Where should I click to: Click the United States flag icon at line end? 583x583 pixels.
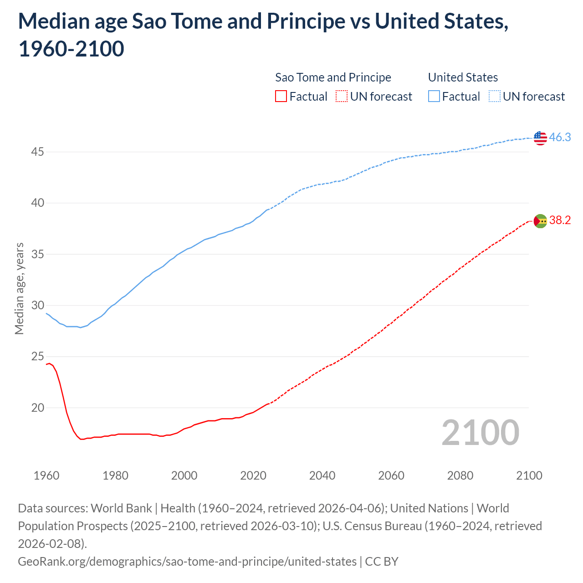[x=540, y=138]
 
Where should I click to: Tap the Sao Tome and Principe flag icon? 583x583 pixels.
[x=540, y=221]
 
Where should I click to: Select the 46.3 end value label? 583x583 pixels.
[x=560, y=137]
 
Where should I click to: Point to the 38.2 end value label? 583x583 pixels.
[x=560, y=220]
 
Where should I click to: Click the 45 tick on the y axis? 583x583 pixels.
[x=37, y=152]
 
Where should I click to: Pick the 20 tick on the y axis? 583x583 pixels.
[x=37, y=408]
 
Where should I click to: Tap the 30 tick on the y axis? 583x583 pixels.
[x=37, y=305]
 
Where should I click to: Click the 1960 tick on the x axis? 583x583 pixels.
[x=46, y=476]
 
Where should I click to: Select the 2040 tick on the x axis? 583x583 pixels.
[x=322, y=476]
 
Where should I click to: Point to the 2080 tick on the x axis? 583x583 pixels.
[x=460, y=476]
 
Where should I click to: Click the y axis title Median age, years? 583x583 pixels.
[x=19, y=289]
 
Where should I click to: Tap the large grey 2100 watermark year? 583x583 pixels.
[x=480, y=433]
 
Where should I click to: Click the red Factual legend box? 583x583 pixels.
[x=281, y=97]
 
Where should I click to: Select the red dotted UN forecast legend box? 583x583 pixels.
[x=342, y=97]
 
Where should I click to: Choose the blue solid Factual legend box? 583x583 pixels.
[x=434, y=97]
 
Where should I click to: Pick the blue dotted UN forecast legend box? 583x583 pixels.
[x=494, y=97]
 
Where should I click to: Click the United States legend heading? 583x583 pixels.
[x=463, y=77]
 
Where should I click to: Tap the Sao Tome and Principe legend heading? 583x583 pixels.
[x=333, y=77]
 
